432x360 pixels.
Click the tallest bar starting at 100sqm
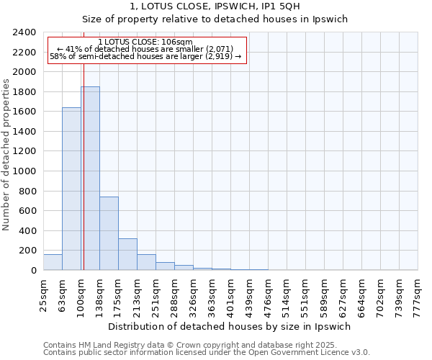pyautogui.click(x=90, y=179)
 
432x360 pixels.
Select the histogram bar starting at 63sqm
pyautogui.click(x=71, y=189)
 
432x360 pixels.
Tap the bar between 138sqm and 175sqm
pyautogui.click(x=109, y=233)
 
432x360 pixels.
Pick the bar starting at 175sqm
pyautogui.click(x=127, y=254)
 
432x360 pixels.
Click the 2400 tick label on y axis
pyautogui.click(x=24, y=32)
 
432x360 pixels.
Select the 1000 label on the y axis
pyautogui.click(x=24, y=171)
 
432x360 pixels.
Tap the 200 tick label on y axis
pyautogui.click(x=27, y=251)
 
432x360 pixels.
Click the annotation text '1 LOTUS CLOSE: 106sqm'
pyautogui.click(x=145, y=42)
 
